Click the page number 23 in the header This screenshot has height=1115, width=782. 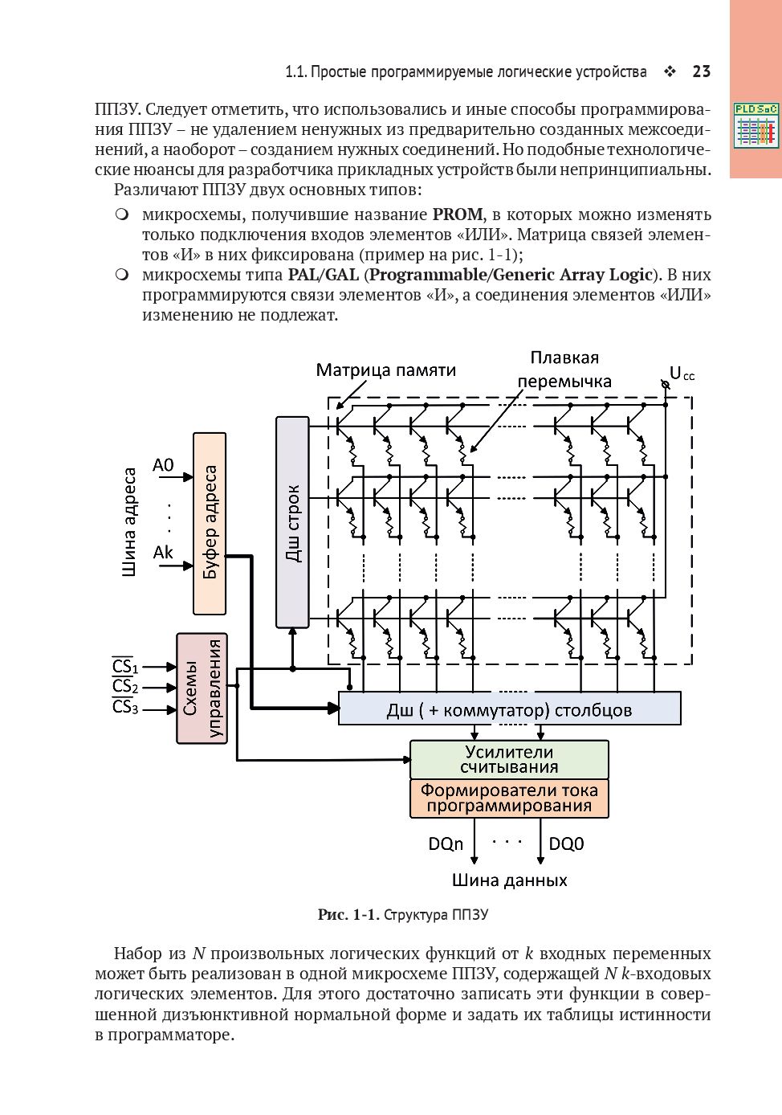click(x=701, y=71)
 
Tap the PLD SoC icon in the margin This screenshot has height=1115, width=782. click(x=756, y=125)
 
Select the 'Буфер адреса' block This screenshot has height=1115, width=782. click(x=210, y=523)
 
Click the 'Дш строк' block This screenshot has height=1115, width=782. click(x=292, y=522)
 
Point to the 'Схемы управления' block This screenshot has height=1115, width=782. click(x=202, y=688)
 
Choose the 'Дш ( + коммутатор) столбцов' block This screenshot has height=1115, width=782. click(x=509, y=709)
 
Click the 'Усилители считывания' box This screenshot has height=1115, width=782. click(x=509, y=759)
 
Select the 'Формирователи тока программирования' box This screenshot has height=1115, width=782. click(x=509, y=798)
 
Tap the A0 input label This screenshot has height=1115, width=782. click(x=163, y=465)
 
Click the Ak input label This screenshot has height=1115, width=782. click(x=163, y=553)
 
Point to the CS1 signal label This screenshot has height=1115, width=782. click(x=124, y=666)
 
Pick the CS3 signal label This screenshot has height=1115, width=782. click(x=124, y=707)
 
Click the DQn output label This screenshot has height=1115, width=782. click(x=446, y=843)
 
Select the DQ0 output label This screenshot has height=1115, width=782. click(x=566, y=843)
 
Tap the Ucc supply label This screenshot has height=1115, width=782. click(x=682, y=374)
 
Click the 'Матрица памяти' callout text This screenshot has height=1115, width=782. click(x=385, y=370)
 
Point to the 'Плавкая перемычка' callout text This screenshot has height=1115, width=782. click(x=564, y=370)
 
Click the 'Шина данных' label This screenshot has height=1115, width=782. click(x=509, y=880)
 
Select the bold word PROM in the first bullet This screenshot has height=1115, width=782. click(x=458, y=214)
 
